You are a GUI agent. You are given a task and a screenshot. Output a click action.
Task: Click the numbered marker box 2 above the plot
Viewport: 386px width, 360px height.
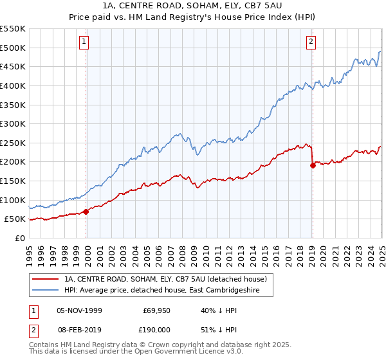[311, 42]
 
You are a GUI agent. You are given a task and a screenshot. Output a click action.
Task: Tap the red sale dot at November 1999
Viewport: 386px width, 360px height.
[86, 212]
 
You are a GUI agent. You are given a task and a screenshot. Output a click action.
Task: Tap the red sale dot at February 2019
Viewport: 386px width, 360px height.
[312, 165]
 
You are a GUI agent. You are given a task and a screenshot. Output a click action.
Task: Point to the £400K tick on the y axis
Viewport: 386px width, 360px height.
[14, 85]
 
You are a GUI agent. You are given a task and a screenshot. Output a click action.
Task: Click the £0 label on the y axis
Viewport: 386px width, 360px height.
[20, 239]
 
